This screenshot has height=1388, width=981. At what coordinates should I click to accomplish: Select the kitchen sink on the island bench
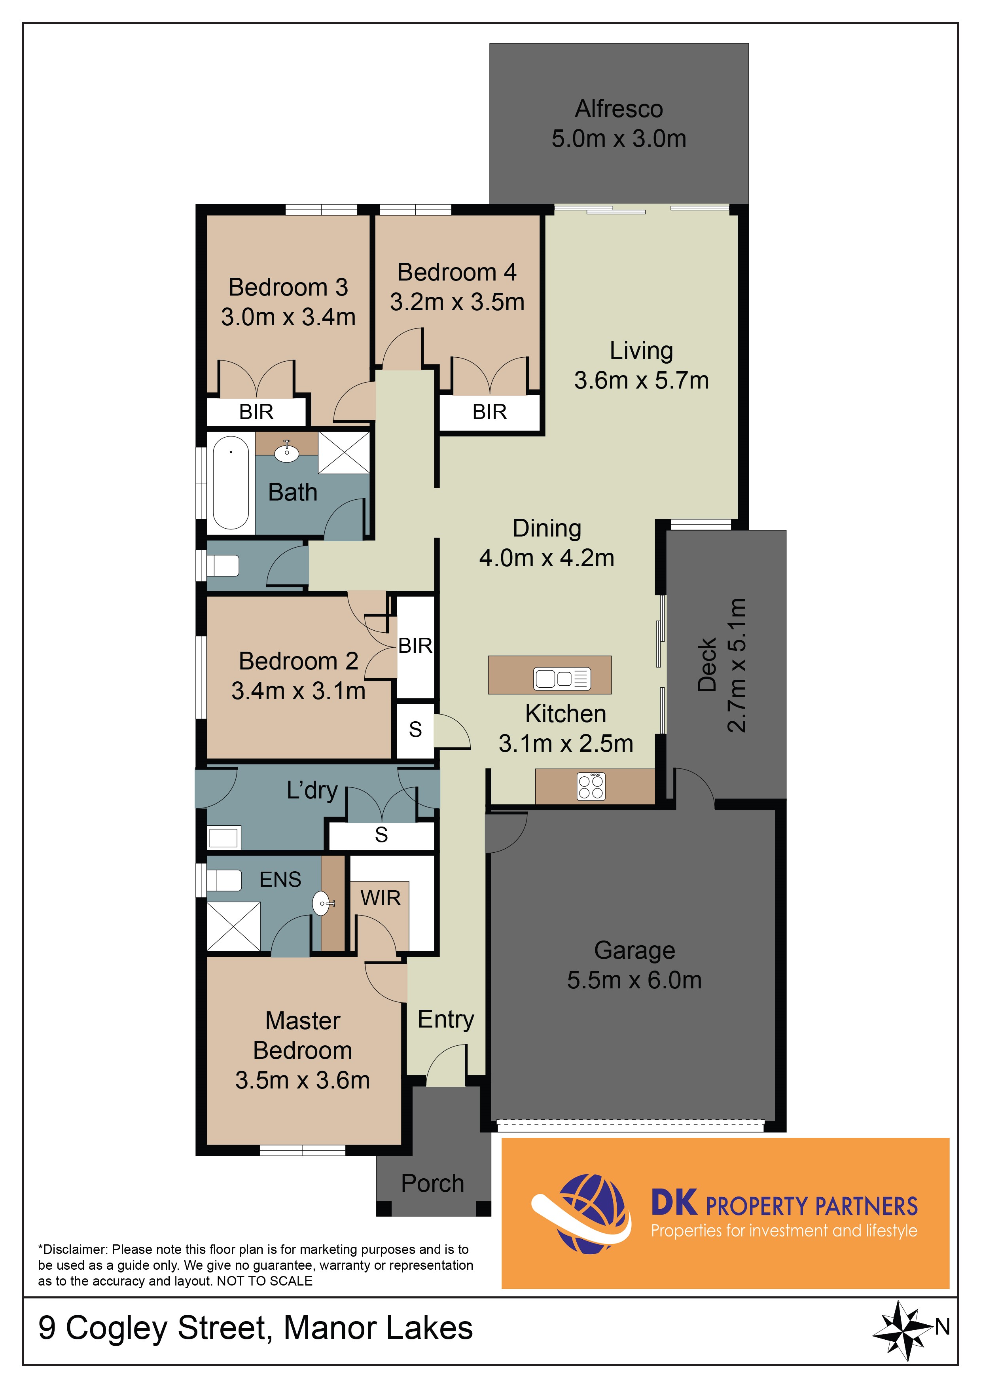562,679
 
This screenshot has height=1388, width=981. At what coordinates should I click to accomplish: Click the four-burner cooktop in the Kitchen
591,786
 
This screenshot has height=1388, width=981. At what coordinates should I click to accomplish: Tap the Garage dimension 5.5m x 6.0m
634,980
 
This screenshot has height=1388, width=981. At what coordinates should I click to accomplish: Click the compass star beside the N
901,1330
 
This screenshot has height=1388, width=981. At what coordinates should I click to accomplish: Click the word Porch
432,1183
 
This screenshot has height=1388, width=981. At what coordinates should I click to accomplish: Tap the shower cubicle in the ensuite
234,926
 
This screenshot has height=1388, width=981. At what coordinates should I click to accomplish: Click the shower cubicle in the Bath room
343,452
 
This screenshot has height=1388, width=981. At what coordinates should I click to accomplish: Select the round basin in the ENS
322,904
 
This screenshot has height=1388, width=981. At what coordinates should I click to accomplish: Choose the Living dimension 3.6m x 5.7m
641,380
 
